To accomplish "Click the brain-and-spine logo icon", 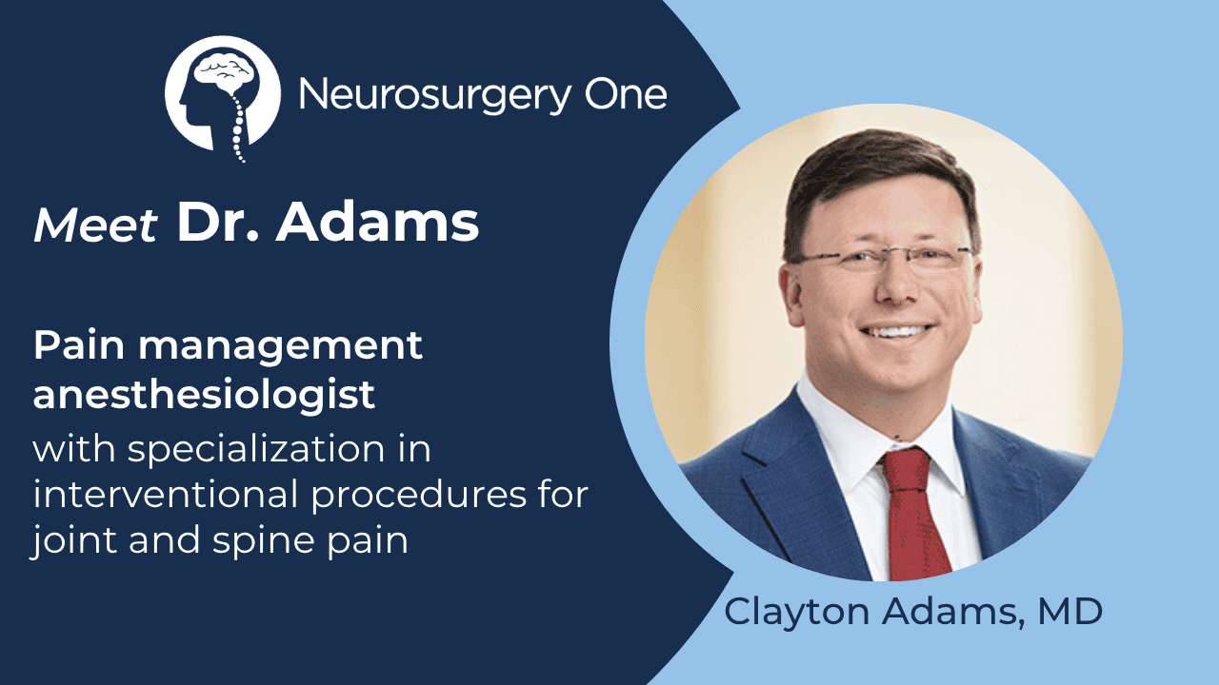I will point(223,95).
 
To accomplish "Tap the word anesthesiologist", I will point(204,395).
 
